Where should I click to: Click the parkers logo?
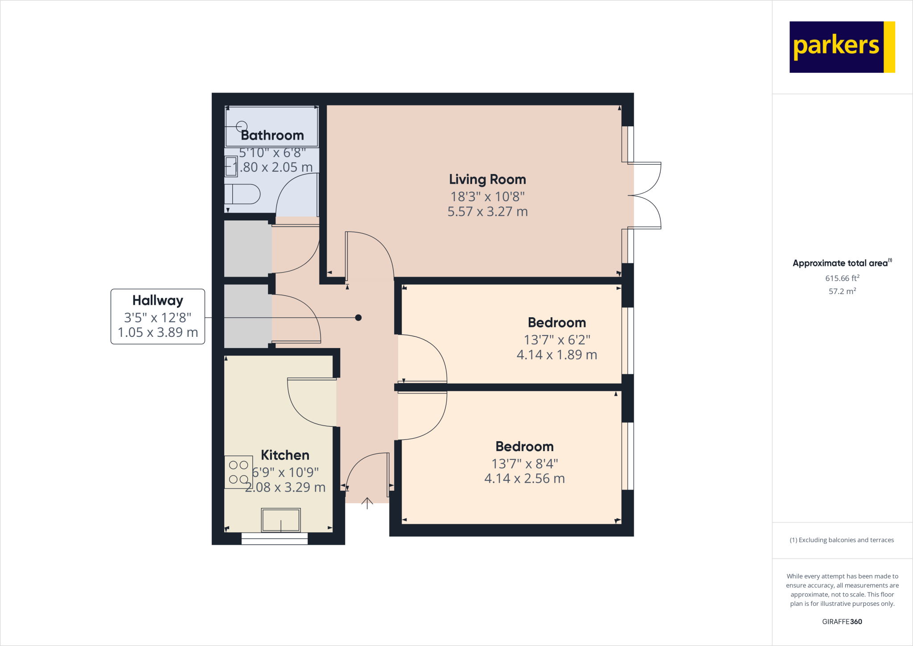coord(842,47)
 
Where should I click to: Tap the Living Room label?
coord(487,179)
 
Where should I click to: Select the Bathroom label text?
coord(272,135)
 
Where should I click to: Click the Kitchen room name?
coord(285,455)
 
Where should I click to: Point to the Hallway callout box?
coord(158,316)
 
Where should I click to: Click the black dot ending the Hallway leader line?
coord(358,318)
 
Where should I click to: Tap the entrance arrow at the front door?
coord(367,503)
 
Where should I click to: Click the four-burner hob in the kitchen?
coord(239,472)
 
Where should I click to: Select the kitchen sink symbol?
coord(281,520)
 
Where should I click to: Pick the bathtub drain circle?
coord(242,127)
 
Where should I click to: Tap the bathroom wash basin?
coord(231,166)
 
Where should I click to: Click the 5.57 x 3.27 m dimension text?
coord(488,211)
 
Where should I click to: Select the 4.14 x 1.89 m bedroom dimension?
coord(557,355)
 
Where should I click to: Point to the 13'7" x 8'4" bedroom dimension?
coord(525,464)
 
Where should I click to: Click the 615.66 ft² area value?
coord(842,278)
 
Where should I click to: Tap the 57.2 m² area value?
coord(842,291)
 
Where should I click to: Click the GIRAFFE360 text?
coord(842,621)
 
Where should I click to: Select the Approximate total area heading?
coord(842,263)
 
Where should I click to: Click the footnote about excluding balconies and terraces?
coord(842,540)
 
